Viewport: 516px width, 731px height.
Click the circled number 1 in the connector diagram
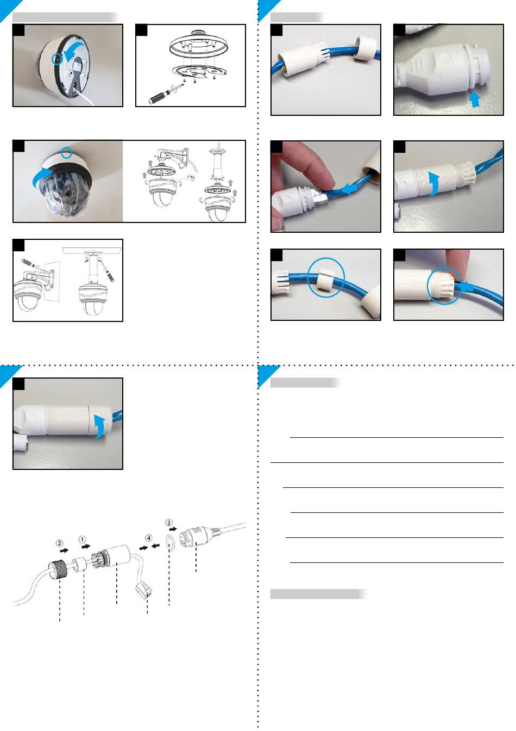82,540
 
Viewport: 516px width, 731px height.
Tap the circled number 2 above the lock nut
59,543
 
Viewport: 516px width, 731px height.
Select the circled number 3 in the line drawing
169,523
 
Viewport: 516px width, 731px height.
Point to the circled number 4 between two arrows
149,538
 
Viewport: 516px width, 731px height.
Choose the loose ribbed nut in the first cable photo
364,48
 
